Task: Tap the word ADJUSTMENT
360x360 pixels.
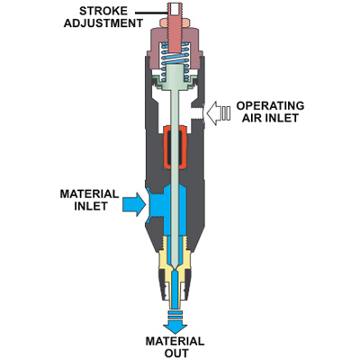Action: [x=103, y=23]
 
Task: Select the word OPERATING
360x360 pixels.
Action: [x=270, y=105]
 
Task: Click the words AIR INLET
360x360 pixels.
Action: [x=270, y=118]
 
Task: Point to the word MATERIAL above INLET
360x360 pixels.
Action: [x=89, y=193]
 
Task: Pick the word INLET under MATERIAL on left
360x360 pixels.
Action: [x=91, y=206]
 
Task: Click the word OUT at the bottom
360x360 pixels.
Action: [x=176, y=353]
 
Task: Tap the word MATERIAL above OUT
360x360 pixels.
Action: [x=175, y=341]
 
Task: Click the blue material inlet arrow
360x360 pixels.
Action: [x=134, y=204]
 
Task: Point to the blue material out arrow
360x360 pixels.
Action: [x=175, y=322]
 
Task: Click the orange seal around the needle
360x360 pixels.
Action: [x=175, y=147]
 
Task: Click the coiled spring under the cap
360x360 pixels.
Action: [x=175, y=62]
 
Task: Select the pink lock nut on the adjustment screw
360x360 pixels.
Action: [x=175, y=22]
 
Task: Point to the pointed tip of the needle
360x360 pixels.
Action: [x=175, y=269]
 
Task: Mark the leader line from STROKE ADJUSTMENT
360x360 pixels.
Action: [x=151, y=13]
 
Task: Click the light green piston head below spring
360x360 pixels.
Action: [x=175, y=78]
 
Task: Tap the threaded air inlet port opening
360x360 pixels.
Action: [x=197, y=112]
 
